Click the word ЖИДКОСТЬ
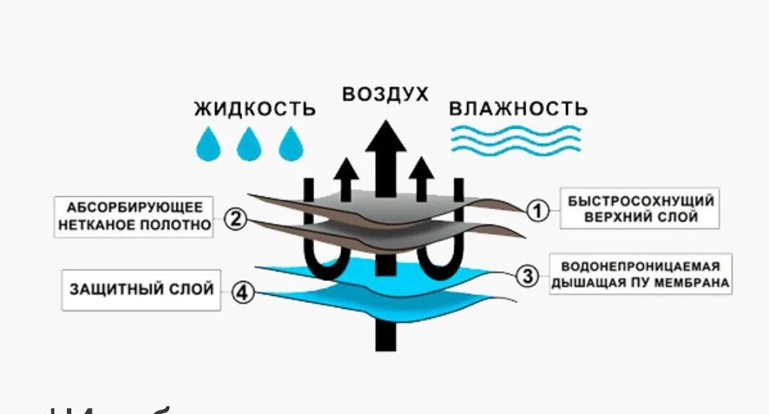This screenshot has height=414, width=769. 255,109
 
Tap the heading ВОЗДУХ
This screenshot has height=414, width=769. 385,94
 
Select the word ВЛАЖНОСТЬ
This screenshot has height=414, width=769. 518,109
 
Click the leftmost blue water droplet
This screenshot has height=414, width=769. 209,144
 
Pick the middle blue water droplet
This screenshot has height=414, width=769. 250,144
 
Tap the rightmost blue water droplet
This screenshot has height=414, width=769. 291,144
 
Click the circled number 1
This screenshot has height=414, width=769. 538,210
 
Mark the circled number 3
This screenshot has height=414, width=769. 527,276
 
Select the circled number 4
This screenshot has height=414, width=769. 244,292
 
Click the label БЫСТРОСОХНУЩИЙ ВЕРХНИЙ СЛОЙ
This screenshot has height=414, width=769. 639,208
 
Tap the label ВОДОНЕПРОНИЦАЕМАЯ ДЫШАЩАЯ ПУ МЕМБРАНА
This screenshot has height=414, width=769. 640,275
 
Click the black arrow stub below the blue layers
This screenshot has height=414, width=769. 385,334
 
